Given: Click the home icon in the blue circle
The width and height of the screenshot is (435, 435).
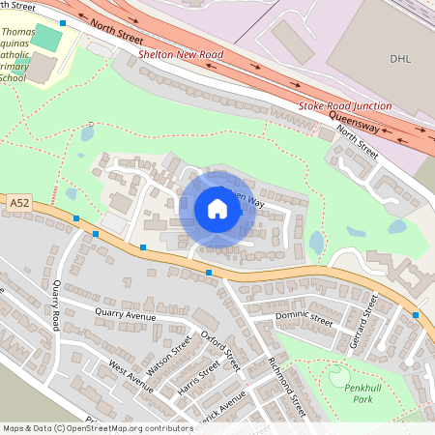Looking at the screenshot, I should coord(217,209).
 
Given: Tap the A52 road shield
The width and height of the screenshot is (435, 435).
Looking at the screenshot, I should coord(19,204).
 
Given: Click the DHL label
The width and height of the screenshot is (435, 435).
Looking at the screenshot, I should coord(400,59).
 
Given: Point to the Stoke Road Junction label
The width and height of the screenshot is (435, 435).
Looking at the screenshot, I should coord(345,105).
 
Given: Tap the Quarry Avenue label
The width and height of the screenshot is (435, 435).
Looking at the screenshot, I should coord(126,315).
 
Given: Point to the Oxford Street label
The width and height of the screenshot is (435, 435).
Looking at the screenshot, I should coord(220,348).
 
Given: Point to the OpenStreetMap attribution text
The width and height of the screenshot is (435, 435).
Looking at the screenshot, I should coord(97,427).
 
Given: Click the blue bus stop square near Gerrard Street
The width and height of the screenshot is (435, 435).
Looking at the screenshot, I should coord(416,315).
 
